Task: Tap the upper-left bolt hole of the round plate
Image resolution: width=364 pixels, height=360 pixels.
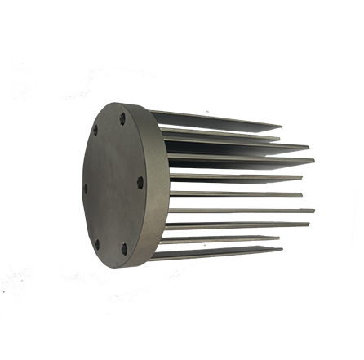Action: tap(95, 130)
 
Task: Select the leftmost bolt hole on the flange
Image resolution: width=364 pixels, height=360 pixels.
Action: tap(85, 188)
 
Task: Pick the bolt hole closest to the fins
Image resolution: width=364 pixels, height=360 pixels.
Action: tap(140, 182)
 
